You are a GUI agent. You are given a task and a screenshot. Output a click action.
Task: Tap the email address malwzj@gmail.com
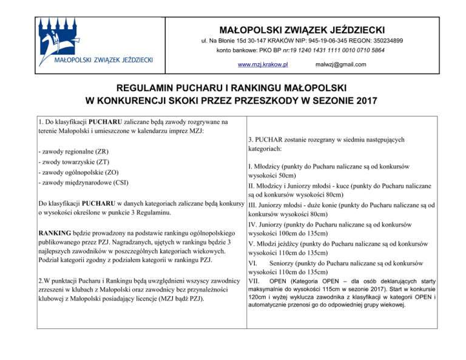(x=341, y=64)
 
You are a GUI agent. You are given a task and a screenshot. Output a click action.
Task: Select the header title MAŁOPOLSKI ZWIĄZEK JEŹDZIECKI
(x=301, y=29)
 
